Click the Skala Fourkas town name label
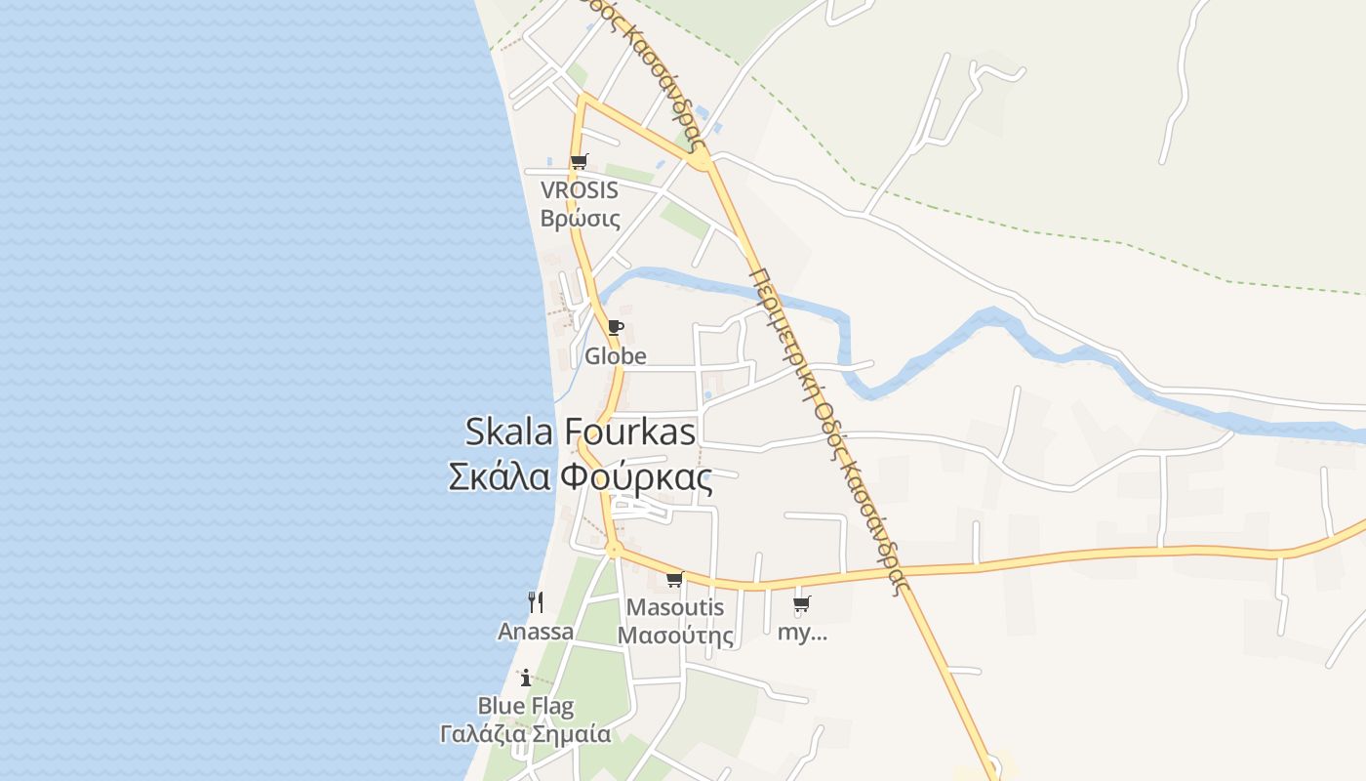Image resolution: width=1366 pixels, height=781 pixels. pos(580,432)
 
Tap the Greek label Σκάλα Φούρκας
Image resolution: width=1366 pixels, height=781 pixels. pos(580,477)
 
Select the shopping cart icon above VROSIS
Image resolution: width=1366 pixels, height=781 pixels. pos(579,161)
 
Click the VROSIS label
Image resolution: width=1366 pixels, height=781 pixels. pos(580,190)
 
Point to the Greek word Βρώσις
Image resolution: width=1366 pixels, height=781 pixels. pos(580,217)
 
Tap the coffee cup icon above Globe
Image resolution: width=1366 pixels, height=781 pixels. pos(615,328)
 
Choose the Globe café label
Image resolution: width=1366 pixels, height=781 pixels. pos(615,356)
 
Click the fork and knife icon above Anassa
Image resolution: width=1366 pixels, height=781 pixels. pos(535,601)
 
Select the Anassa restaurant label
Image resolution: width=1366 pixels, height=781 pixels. pos(536,632)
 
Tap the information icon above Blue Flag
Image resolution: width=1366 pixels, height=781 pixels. pos(526,677)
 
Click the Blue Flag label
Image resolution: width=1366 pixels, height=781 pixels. pos(526,705)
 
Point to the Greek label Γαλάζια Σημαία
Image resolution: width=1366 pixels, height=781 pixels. pos(526,733)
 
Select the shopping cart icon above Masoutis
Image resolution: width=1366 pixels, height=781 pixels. pos(674,579)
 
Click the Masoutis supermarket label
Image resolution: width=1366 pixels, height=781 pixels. pos(675,607)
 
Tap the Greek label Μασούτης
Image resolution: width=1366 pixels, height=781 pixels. pos(675,636)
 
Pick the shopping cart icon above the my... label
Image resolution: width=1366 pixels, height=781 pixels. pos(801,604)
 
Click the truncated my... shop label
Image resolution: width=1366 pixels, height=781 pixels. pos(802,632)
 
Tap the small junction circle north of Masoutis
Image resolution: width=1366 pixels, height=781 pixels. pos(613,550)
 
